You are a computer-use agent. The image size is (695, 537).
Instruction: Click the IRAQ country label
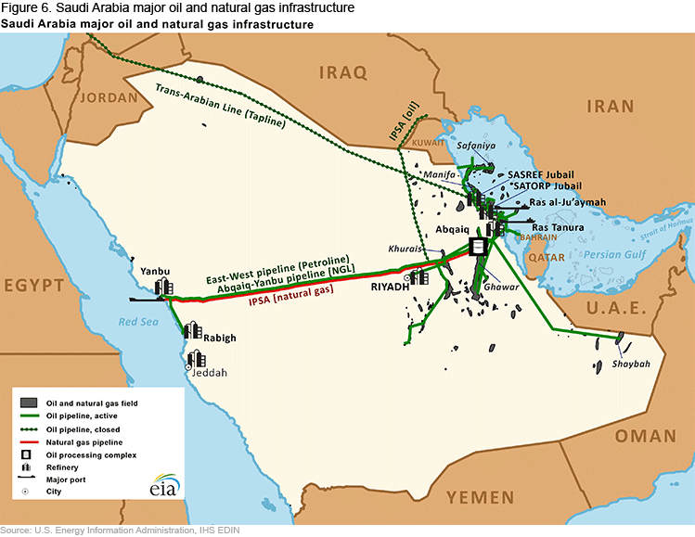(x=342, y=72)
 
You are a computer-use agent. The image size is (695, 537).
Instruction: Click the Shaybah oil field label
(x=631, y=364)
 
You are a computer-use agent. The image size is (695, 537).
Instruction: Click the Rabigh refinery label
(x=220, y=339)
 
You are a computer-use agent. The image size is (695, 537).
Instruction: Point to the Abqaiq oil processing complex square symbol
(x=479, y=247)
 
